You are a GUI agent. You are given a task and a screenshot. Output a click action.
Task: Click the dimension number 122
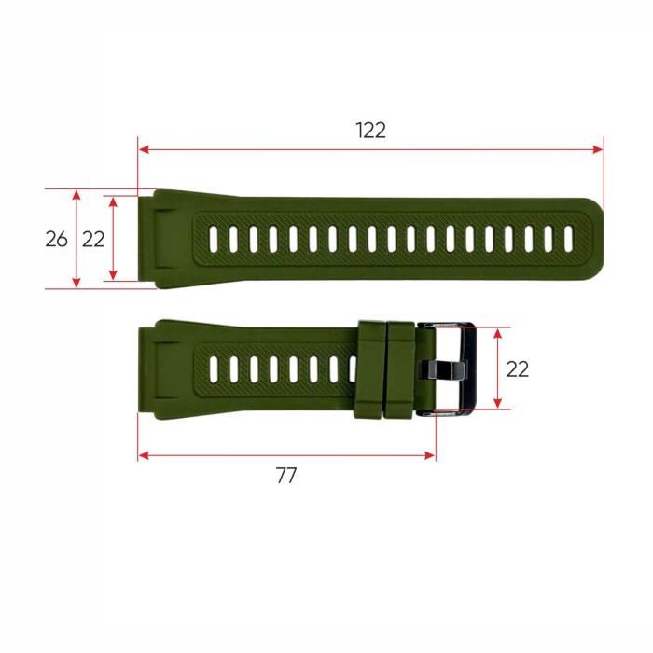(370, 131)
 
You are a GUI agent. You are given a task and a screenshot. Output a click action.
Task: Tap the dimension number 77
(286, 475)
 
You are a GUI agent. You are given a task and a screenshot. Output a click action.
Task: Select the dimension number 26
(56, 239)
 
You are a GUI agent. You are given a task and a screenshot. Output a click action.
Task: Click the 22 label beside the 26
(93, 239)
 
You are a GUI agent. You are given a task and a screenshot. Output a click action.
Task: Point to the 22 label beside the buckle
(518, 368)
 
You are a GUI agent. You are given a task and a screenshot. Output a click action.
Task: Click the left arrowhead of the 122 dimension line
(143, 148)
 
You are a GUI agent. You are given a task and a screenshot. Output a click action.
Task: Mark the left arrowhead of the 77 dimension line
(143, 456)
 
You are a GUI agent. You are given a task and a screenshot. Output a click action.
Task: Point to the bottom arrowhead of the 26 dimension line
(76, 284)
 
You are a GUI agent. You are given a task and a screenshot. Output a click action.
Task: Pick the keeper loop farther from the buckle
(371, 369)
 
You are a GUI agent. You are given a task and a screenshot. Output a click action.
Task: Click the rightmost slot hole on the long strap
(568, 239)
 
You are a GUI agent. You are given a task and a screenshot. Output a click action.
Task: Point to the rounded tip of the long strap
(595, 239)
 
